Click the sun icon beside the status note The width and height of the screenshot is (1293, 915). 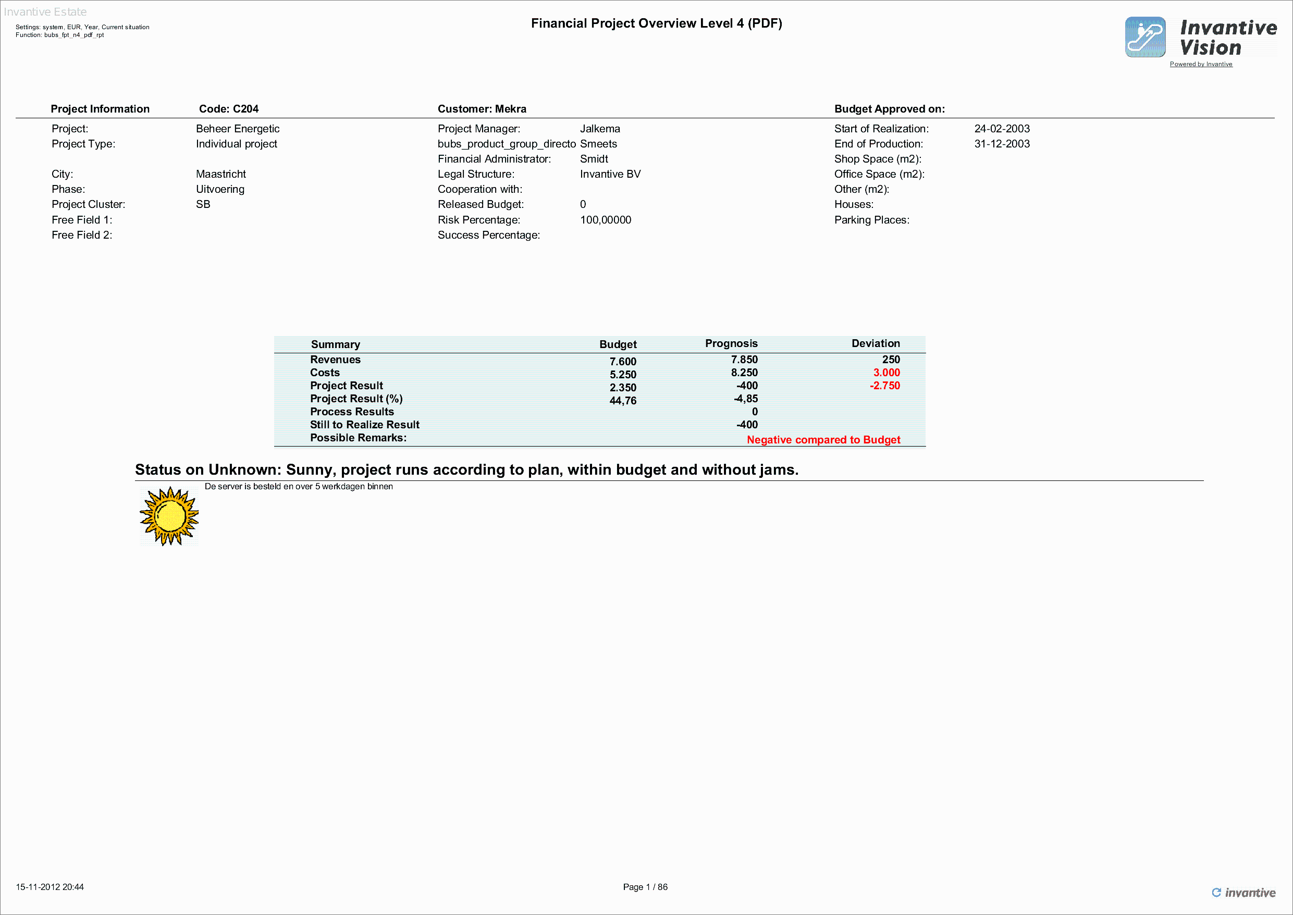169,516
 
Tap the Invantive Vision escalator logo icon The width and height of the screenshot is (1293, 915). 1145,37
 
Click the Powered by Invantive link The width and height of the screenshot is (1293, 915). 1201,64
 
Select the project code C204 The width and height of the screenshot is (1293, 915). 229,109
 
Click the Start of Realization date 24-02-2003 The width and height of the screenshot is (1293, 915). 1002,129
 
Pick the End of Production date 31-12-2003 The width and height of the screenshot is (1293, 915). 1002,144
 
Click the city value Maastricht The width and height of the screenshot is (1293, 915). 221,174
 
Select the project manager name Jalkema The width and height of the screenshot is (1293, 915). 600,129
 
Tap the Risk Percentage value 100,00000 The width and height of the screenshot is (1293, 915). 606,220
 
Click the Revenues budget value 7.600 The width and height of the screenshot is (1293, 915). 623,362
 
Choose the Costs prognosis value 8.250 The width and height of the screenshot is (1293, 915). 744,373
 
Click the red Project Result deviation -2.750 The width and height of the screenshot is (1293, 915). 884,386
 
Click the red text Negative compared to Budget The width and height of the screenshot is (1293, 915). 823,440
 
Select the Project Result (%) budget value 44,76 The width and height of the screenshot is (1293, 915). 623,401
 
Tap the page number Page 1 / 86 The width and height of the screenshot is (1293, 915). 645,887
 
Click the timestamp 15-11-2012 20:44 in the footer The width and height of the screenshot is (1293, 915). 50,887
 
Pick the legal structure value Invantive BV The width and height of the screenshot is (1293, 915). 610,174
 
